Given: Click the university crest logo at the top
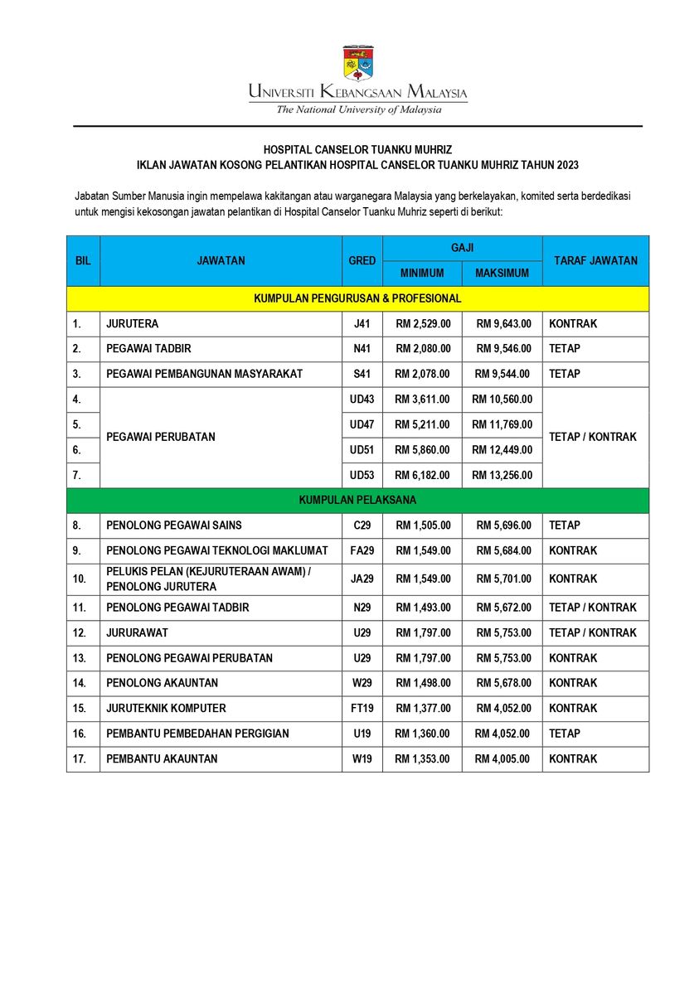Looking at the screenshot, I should click(x=357, y=64).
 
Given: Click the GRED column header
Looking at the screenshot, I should click(x=362, y=260).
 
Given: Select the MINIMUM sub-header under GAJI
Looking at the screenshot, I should click(x=422, y=273).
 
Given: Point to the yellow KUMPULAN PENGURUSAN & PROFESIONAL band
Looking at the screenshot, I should click(x=357, y=298).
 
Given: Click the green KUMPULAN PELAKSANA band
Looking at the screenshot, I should click(x=357, y=501).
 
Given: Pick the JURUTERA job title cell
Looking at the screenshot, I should click(x=133, y=324).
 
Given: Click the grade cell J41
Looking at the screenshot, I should click(x=362, y=324).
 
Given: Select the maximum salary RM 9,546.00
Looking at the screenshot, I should click(x=503, y=349).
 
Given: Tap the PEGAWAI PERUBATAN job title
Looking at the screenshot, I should click(x=160, y=437).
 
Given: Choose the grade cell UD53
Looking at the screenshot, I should click(x=362, y=476).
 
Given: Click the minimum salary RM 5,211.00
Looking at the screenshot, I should click(x=423, y=424).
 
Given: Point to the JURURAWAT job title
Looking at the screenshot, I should click(x=138, y=632).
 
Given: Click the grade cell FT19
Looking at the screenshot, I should click(x=362, y=709).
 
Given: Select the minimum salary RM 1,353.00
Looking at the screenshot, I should click(x=423, y=759).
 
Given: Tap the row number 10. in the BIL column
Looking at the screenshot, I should click(x=80, y=579).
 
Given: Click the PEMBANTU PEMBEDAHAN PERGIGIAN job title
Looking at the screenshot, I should click(x=197, y=734).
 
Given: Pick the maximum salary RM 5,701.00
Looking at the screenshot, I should click(x=503, y=579).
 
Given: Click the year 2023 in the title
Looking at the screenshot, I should click(x=567, y=165).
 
